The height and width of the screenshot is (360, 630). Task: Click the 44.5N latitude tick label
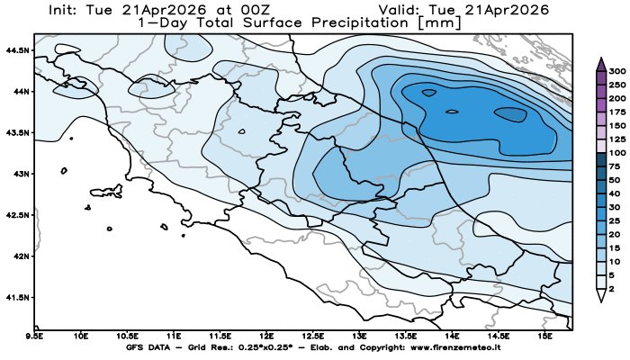(17, 49)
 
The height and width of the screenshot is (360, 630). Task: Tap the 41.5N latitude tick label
(17, 296)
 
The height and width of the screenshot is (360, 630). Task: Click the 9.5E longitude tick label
(35, 336)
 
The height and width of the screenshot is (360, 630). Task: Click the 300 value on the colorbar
(616, 70)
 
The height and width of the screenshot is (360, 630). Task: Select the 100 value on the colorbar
(616, 154)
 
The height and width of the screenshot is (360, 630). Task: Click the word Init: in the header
(76, 8)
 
